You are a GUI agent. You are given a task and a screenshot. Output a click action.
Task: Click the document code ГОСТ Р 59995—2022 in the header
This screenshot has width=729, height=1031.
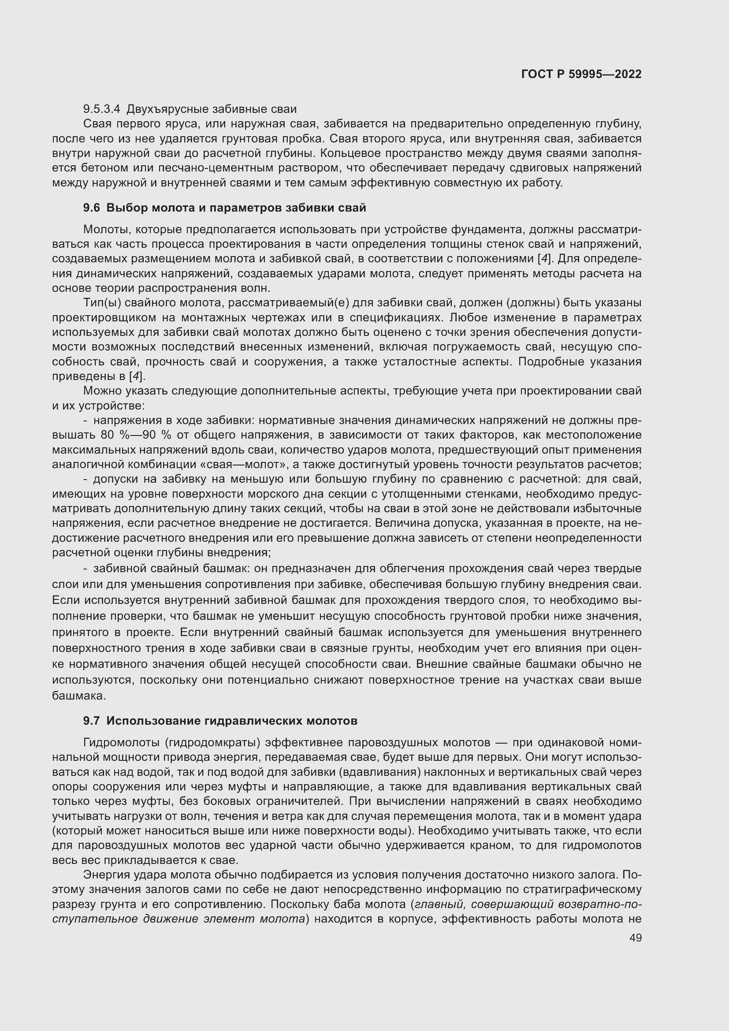click(581, 74)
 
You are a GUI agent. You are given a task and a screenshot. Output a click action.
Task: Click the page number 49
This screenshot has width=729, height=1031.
click(636, 938)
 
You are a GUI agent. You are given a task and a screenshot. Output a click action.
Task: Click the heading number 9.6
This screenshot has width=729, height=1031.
click(92, 208)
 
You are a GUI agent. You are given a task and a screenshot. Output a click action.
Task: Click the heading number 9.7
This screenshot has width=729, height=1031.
click(92, 721)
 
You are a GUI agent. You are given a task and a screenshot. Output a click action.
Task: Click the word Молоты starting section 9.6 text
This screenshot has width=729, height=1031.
click(106, 230)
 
